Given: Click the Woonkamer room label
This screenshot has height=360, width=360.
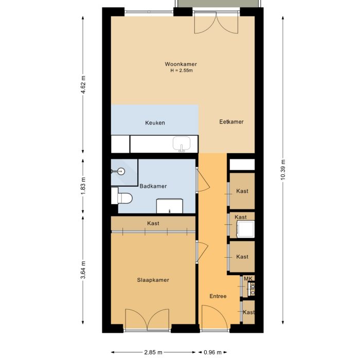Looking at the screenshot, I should click(x=181, y=64).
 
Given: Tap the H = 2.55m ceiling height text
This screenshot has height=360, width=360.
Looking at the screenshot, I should click(x=181, y=70).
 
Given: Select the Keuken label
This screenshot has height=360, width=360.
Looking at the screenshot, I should click(x=155, y=123).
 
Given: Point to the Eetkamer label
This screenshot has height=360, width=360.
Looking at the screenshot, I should click(x=231, y=122).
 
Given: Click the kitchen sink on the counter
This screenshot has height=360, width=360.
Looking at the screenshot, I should click(x=182, y=144).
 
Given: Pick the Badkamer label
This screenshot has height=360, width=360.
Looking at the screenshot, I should click(x=153, y=186).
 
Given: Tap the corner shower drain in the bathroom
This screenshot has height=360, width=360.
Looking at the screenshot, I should click(x=121, y=171).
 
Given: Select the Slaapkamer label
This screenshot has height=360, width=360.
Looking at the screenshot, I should click(x=153, y=280).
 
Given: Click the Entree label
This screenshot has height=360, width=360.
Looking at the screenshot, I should click(x=218, y=297).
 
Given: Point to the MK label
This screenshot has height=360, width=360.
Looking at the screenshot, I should click(x=248, y=279).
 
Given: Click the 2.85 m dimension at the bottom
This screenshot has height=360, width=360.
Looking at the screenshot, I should click(x=152, y=352).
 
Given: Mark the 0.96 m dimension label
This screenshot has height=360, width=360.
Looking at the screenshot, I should click(x=212, y=352).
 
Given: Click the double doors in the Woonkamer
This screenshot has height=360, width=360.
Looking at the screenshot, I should click(x=216, y=23).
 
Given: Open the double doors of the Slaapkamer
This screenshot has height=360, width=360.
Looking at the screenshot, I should click(x=147, y=320).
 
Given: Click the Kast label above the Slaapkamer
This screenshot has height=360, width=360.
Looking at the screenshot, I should click(x=153, y=224).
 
